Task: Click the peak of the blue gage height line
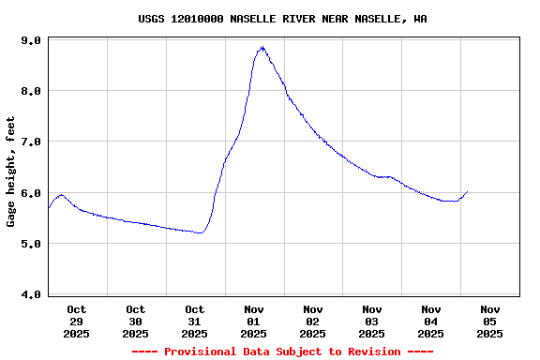[262, 47]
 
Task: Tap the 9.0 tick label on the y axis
[31, 41]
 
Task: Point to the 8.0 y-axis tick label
[31, 92]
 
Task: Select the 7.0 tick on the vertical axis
[31, 142]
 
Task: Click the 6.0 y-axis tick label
[31, 193]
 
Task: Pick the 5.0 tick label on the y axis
[31, 244]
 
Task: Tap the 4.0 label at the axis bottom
[31, 294]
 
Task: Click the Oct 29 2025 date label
[77, 321]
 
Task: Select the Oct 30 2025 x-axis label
[136, 321]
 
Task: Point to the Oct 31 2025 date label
[195, 321]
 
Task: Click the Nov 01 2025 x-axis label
[254, 321]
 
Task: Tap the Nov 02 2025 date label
[313, 321]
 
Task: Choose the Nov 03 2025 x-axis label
[372, 321]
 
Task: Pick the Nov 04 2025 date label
[431, 321]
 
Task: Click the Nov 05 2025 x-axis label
[490, 321]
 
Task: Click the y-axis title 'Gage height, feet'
[11, 172]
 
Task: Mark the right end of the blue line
[467, 191]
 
